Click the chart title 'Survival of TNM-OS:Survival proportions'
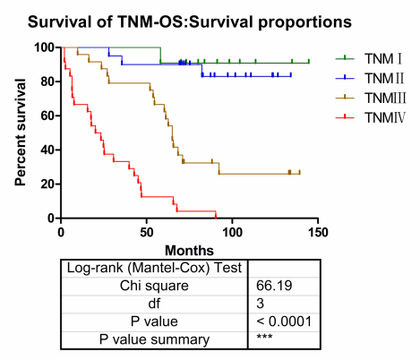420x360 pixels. (190, 22)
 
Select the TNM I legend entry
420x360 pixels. (369, 59)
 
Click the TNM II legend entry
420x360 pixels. (370, 79)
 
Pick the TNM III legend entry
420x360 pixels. (371, 98)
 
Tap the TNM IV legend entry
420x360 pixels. (371, 117)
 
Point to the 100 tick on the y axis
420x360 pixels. (45, 47)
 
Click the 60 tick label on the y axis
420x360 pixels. (48, 116)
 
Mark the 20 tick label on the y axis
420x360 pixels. (48, 184)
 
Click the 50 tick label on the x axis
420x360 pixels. (147, 232)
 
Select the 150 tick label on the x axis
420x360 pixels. (318, 232)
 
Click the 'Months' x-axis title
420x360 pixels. (189, 251)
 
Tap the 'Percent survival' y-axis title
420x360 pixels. (21, 133)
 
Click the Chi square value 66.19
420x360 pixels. (274, 286)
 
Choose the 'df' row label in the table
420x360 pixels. (154, 304)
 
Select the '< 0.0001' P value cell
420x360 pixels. (284, 321)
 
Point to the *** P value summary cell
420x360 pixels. (264, 337)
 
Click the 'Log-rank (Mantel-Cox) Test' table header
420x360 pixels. (154, 268)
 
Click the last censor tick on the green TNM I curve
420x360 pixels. (309, 62)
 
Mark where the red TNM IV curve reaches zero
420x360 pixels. (216, 218)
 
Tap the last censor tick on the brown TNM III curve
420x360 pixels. (299, 172)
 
